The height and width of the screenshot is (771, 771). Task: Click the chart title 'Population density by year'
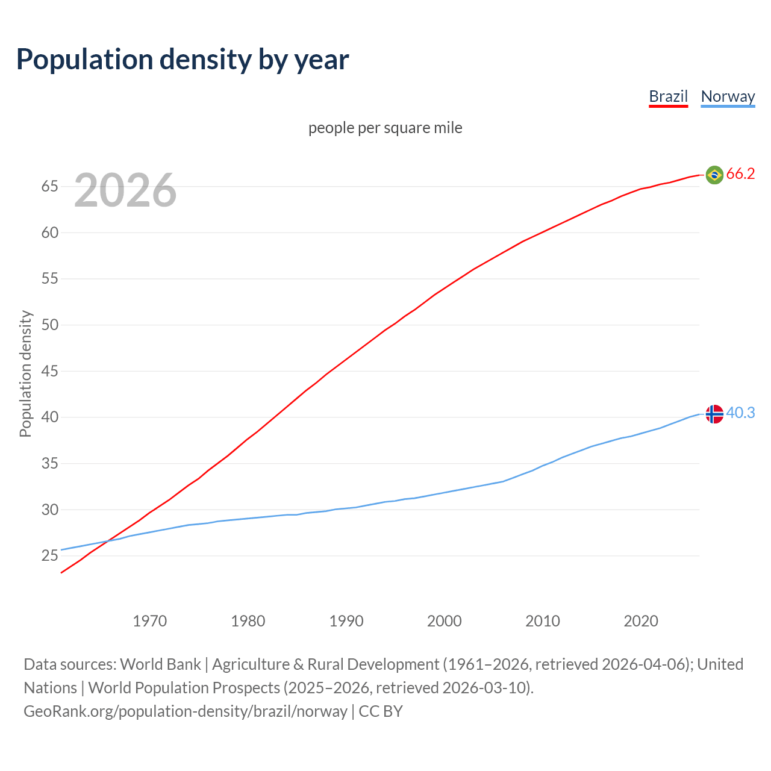pyautogui.click(x=183, y=60)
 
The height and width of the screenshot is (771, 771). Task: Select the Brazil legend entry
pyautogui.click(x=668, y=96)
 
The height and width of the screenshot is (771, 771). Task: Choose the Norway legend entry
pyautogui.click(x=728, y=96)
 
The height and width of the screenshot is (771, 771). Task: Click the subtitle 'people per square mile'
pyautogui.click(x=385, y=128)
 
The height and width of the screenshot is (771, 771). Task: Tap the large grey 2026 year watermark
pyautogui.click(x=125, y=190)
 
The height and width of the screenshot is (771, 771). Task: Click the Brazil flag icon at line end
pyautogui.click(x=714, y=175)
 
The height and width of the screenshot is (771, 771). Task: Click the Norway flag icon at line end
pyautogui.click(x=714, y=414)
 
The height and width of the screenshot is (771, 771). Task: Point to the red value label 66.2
pyautogui.click(x=740, y=174)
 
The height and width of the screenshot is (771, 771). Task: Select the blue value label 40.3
pyautogui.click(x=740, y=413)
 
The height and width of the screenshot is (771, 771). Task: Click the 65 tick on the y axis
pyautogui.click(x=50, y=187)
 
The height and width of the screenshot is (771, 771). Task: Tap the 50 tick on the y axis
pyautogui.click(x=50, y=325)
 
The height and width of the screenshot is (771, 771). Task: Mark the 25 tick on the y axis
pyautogui.click(x=50, y=556)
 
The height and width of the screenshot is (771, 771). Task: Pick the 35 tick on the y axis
pyautogui.click(x=50, y=464)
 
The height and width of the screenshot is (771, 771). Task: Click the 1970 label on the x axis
pyautogui.click(x=150, y=621)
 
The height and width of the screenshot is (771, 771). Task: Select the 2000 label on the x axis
pyautogui.click(x=445, y=621)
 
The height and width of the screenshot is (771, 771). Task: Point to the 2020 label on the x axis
pyautogui.click(x=641, y=621)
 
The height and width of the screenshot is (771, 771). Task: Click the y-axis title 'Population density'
pyautogui.click(x=25, y=373)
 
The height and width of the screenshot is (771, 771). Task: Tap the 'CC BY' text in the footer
pyautogui.click(x=381, y=711)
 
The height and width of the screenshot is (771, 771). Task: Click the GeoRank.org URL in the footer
pyautogui.click(x=186, y=711)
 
